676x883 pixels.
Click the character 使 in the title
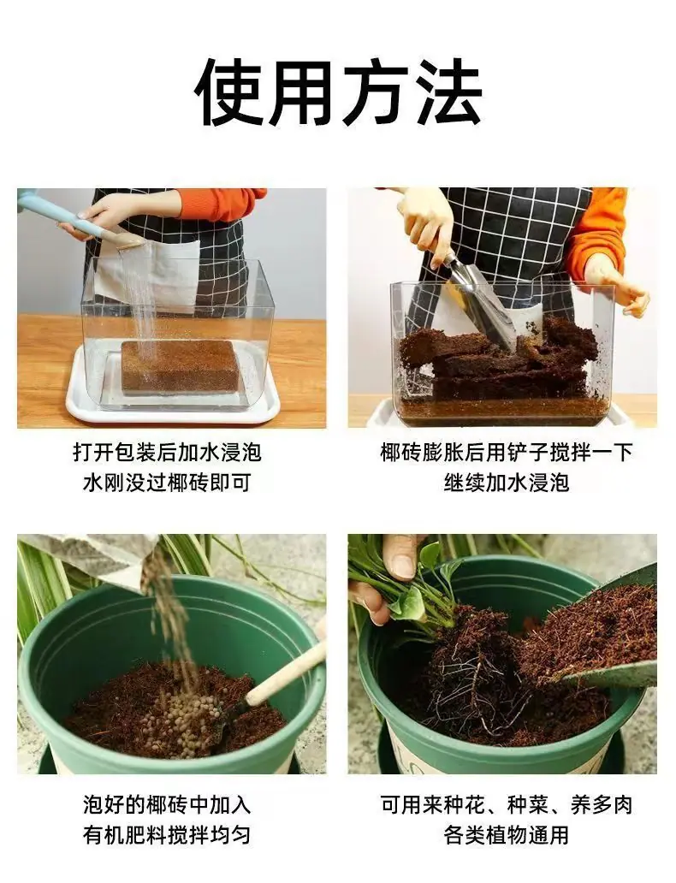228,92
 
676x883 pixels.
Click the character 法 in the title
448,92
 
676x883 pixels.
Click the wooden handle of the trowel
286,673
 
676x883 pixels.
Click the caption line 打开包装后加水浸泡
168,453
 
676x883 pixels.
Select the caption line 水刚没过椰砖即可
168,483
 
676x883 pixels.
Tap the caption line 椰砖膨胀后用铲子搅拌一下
507,453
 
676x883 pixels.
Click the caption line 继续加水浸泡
507,483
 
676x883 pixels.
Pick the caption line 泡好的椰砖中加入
168,805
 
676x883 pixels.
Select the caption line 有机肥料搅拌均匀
168,835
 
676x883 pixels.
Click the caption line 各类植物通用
507,835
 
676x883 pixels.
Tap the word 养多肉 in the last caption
602,805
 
